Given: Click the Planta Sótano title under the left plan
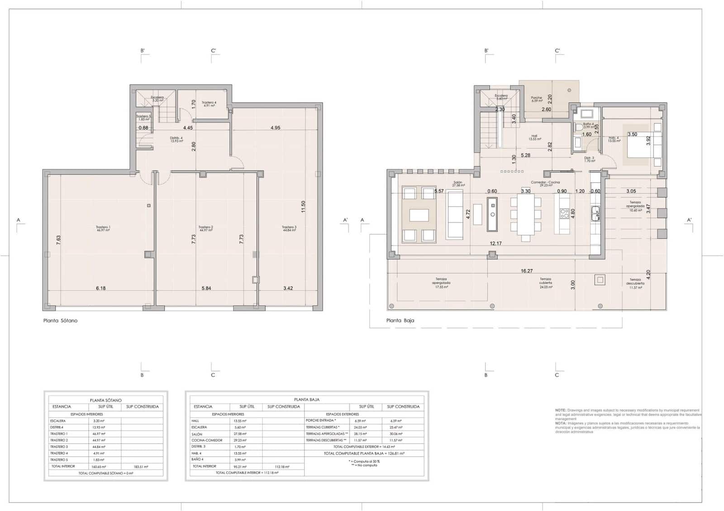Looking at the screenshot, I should (x=60, y=321).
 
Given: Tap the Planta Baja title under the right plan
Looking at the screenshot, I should (x=400, y=321).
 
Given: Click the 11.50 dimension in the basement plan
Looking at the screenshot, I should (x=304, y=207).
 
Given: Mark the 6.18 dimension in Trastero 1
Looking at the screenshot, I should (x=100, y=288).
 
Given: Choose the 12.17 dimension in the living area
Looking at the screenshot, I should (x=495, y=243).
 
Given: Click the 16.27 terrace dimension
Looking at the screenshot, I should (x=527, y=271).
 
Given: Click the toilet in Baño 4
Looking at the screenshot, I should (x=578, y=128).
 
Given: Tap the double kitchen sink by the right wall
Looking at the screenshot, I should (x=595, y=213).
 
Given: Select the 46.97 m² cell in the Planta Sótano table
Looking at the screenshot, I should (x=99, y=434).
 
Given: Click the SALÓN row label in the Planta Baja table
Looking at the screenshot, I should (x=197, y=434).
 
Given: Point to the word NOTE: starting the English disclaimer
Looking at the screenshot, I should (x=560, y=410).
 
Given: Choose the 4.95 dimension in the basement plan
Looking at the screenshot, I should (x=275, y=128).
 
